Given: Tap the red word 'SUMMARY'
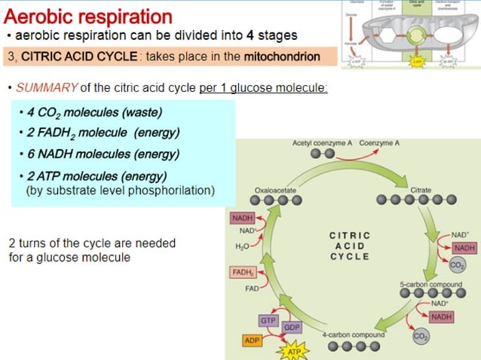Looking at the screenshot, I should coord(44,88).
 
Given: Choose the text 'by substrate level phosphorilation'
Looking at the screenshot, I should coord(121,191).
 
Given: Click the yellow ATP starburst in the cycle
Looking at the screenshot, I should coord(293,351).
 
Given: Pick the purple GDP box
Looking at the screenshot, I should coord(293,328).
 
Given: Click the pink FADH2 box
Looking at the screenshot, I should coord(243,272).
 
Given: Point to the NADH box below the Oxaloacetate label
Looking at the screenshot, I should coord(243,218).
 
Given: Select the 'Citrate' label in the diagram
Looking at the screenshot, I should coord(421,190).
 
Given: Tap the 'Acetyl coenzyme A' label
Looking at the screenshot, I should coord(323,142).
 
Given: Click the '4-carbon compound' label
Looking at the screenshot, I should coord(348,334).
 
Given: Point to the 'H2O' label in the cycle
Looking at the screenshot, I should coord(242,246).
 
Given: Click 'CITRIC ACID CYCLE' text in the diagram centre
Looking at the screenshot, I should coord(350,246).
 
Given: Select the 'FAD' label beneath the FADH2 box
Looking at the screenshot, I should coord(252,288).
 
